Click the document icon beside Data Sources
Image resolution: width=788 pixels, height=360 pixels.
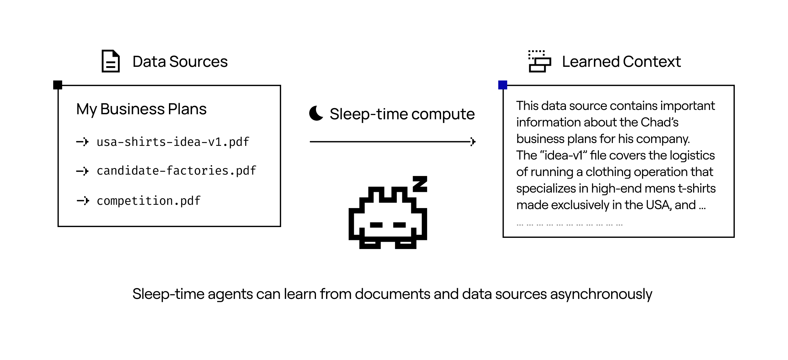coord(110,61)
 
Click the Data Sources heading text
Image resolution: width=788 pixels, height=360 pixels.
coord(180,62)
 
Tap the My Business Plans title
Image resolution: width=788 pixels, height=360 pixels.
coord(141,109)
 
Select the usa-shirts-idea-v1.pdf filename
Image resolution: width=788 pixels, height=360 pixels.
coord(173,142)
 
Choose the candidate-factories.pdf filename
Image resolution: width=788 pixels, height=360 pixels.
coord(176,171)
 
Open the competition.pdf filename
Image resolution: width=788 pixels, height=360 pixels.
coord(148,200)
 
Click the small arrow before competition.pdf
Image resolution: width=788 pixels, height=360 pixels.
coord(83,200)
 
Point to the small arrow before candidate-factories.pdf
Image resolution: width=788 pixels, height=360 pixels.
coord(83,171)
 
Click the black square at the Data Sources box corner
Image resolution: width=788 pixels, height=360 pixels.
coord(58,85)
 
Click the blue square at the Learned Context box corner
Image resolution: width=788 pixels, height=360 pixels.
coord(503,85)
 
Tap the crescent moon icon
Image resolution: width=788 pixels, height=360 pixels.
coord(316,114)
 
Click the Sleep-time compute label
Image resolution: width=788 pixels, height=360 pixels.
coord(402,114)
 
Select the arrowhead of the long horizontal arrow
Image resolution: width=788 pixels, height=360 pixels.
coord(473,142)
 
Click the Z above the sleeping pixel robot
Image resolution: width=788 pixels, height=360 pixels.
coord(420,184)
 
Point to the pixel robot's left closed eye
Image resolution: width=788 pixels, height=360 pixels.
coord(376,225)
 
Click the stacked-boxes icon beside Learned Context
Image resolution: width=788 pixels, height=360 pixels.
coord(539,61)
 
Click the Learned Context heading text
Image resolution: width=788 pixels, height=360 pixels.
coord(621,62)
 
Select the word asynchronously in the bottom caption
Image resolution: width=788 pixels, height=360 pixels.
coord(601,294)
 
